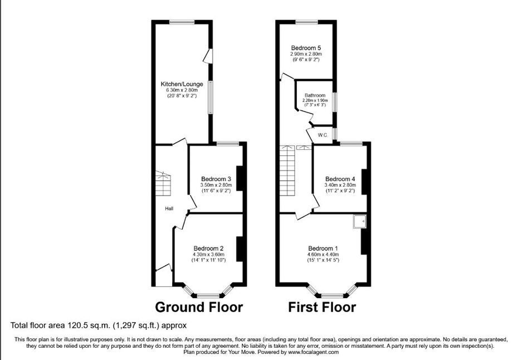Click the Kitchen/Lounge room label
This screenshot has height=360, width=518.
182,84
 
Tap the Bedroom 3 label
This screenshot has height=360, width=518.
216,179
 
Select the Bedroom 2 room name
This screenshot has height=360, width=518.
208,248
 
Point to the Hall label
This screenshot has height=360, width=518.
169,208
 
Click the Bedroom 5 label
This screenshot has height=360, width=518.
306,48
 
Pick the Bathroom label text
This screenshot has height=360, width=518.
315,95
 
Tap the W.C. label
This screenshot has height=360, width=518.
322,135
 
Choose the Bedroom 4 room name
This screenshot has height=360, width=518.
340,179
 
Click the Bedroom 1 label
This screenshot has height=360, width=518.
322,248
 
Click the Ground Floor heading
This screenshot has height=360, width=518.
199,307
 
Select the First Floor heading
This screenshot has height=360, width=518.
322,307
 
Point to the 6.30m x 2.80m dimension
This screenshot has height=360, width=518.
182,90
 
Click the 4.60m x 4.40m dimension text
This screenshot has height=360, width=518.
322,254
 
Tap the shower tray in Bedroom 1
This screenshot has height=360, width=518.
359,221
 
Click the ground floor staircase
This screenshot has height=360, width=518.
164,183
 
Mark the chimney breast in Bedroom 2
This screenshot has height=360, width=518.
240,249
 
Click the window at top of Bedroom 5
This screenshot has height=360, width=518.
306,22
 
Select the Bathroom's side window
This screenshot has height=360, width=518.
334,102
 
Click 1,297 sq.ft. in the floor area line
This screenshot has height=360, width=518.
136,325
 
